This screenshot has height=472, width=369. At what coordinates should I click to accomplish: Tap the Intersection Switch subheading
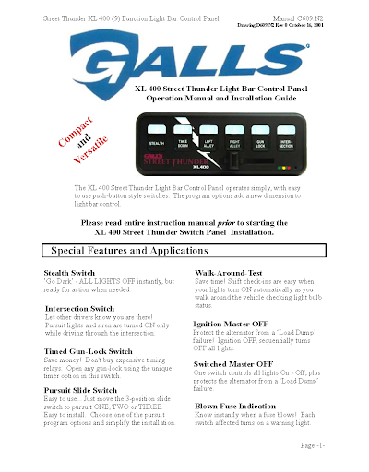pyautogui.click(x=79, y=307)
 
